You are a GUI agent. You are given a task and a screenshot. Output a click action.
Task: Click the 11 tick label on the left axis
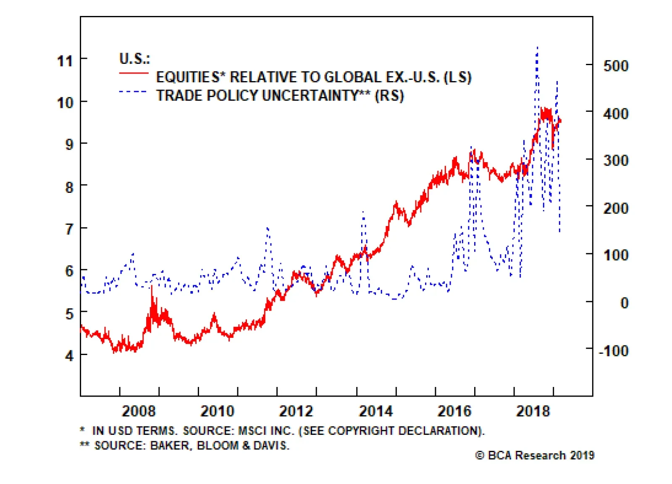[65, 61]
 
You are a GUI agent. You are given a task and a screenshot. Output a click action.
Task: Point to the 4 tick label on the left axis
[69, 356]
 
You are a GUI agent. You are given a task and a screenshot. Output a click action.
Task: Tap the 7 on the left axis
[69, 229]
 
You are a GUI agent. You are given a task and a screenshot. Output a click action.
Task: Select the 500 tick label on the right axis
[616, 66]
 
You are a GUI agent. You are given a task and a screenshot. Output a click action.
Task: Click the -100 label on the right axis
[614, 350]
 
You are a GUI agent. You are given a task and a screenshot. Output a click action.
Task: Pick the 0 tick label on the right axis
[624, 303]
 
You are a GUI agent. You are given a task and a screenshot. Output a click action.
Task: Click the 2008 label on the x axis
[139, 411]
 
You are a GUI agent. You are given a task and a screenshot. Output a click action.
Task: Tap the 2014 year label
[375, 411]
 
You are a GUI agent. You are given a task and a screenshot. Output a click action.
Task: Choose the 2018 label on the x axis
[533, 411]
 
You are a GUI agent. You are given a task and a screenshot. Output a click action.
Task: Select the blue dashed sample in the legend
[134, 92]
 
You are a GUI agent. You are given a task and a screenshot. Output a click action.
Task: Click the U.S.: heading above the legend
[134, 59]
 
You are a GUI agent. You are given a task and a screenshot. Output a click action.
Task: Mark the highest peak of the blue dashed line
[537, 48]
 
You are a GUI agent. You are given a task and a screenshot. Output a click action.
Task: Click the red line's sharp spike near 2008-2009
[152, 287]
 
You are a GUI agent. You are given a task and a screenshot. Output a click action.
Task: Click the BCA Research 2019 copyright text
[535, 455]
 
